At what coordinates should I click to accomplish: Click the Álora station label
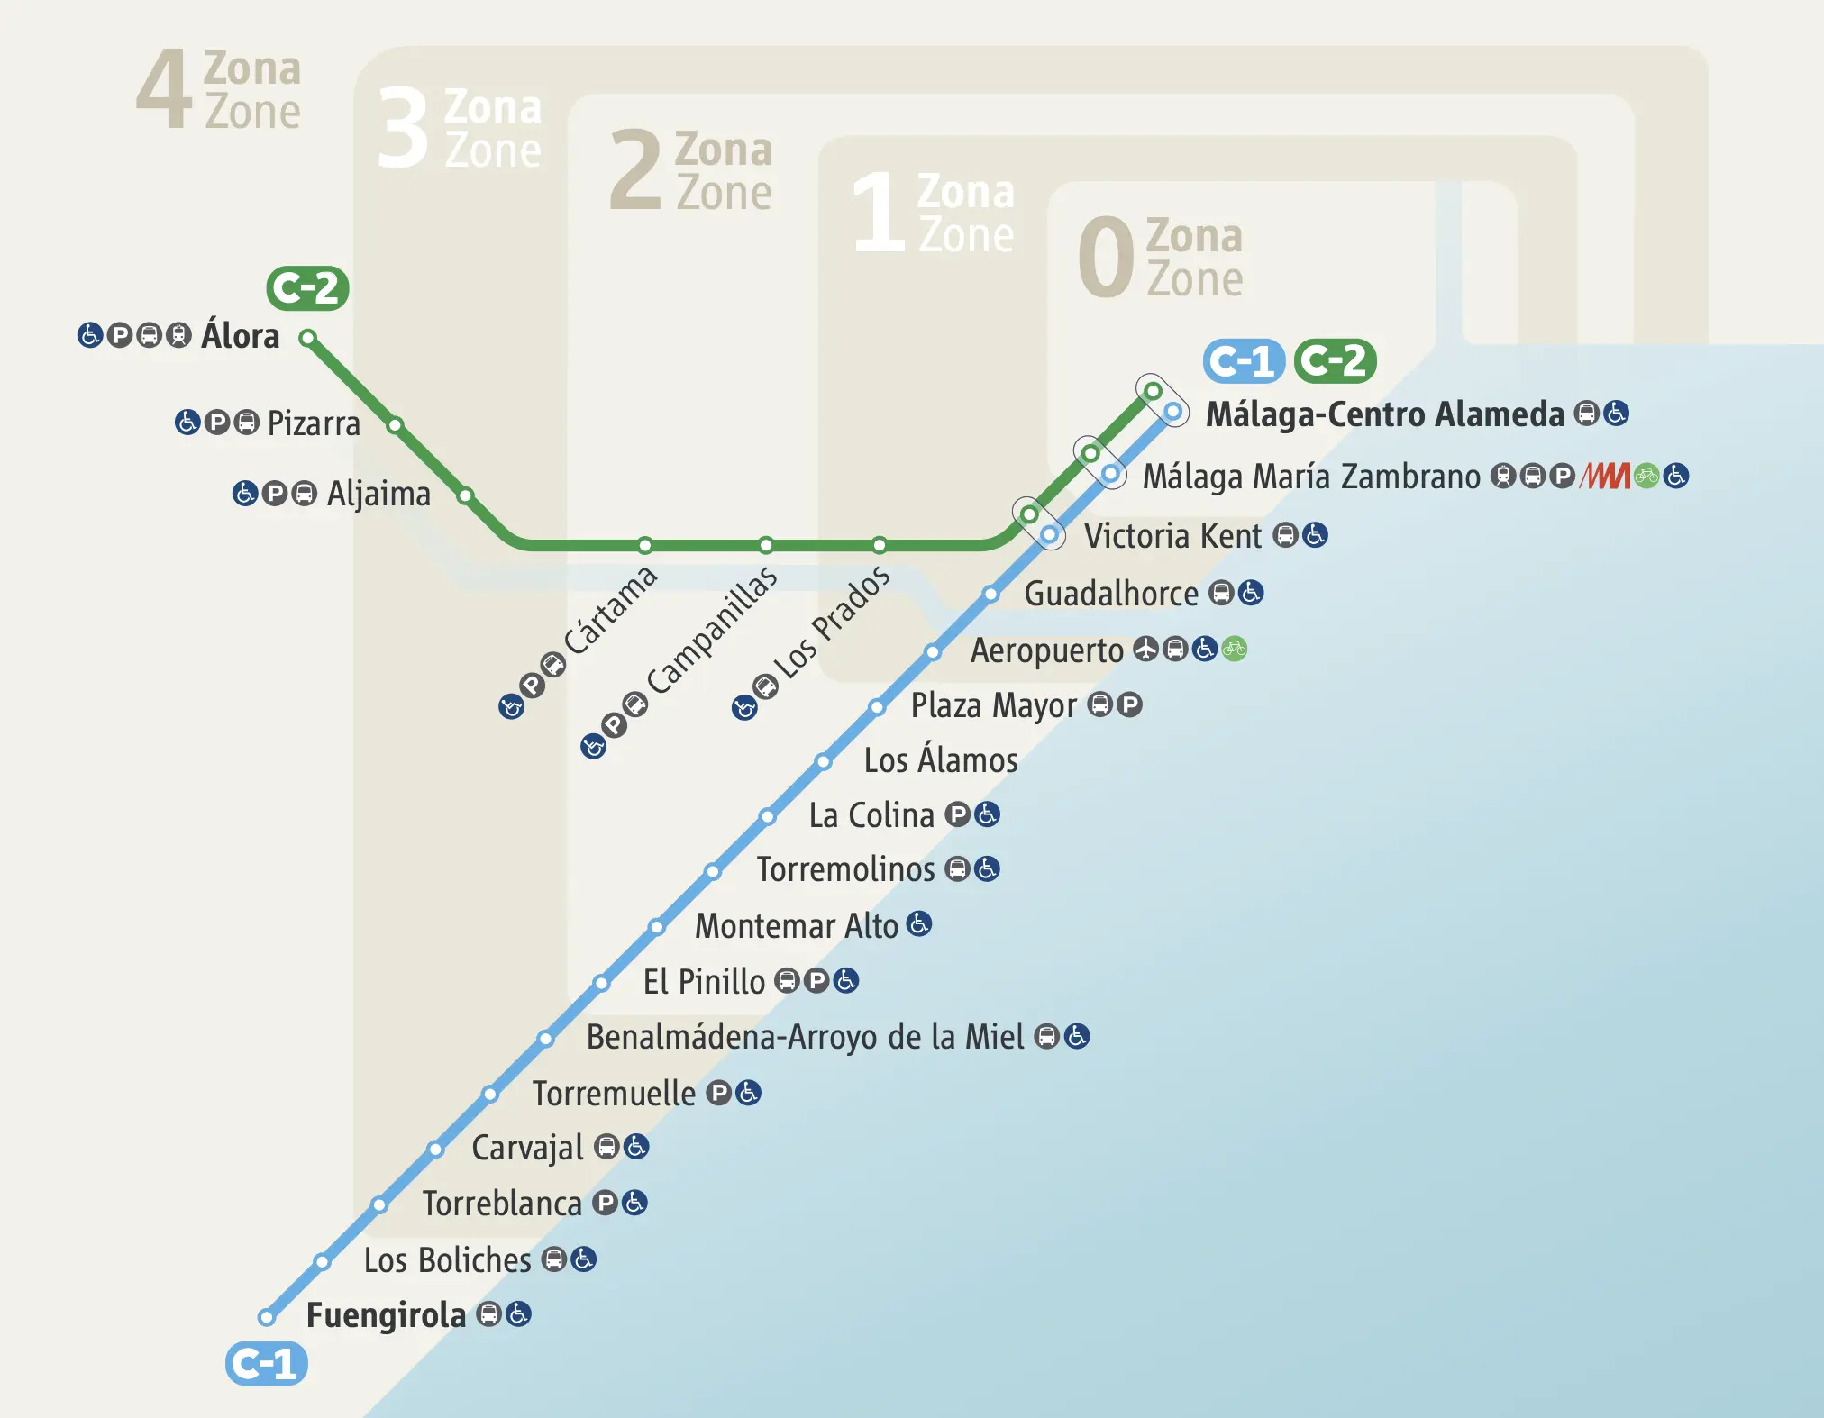tap(240, 336)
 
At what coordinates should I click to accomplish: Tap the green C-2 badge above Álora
tap(307, 288)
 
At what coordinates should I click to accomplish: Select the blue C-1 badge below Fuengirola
tap(266, 1364)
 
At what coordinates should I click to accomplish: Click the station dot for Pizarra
tap(395, 425)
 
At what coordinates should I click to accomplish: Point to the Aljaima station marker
tap(465, 495)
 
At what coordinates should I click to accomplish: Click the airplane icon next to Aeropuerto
tap(1145, 649)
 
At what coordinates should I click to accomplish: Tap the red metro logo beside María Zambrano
tap(1605, 476)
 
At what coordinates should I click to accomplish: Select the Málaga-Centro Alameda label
tap(1384, 414)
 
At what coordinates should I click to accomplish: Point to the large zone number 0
tap(1105, 258)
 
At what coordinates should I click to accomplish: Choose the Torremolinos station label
tap(845, 869)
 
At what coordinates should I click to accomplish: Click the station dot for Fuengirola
tap(267, 1317)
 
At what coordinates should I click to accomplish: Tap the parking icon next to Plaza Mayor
tap(1129, 704)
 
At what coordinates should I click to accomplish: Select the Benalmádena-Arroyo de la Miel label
tap(805, 1037)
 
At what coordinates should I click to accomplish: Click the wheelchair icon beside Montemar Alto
tap(919, 924)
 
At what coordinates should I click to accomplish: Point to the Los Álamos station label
tap(940, 760)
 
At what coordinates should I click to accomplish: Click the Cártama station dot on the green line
tap(645, 545)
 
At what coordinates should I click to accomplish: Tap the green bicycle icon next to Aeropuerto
tap(1235, 649)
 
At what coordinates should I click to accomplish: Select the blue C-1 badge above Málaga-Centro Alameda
tap(1243, 361)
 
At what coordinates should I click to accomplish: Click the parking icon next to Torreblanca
tap(606, 1203)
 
